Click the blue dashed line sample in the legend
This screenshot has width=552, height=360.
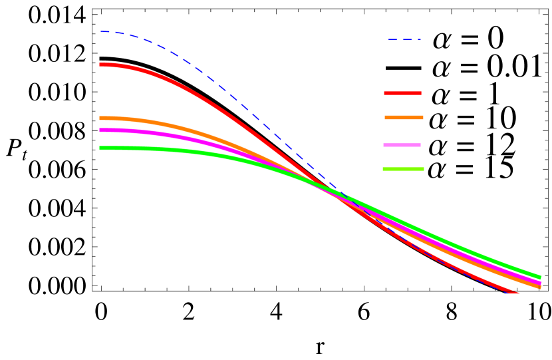click(404, 40)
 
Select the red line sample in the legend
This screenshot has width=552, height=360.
click(402, 93)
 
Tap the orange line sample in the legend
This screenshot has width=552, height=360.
click(404, 118)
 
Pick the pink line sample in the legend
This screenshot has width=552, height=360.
click(402, 145)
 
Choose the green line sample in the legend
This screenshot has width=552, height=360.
click(403, 169)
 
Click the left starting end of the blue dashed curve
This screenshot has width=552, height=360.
click(101, 31)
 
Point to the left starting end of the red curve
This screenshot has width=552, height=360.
click(101, 65)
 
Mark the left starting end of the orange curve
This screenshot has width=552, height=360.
click(101, 118)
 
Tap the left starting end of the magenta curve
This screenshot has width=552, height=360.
click(101, 130)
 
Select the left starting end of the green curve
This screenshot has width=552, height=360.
click(101, 148)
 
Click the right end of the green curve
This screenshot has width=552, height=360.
click(539, 277)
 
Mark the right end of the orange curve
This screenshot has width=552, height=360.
click(539, 287)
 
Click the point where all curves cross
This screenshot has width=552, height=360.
click(326, 187)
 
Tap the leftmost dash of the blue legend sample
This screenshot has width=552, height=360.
click(392, 40)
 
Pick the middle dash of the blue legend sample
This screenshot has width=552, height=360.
click(404, 40)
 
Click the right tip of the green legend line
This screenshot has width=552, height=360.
click(423, 169)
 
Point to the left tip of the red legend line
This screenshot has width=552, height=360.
click(385, 93)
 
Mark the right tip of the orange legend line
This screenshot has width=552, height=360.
click(422, 118)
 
